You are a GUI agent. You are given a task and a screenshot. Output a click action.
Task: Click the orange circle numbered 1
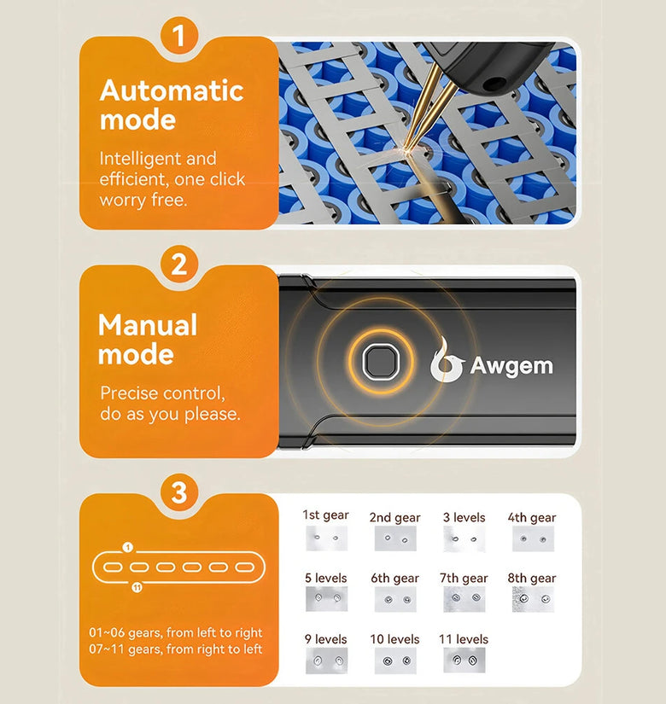click(178, 36)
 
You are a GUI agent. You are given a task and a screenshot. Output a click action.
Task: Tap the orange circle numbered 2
click(178, 264)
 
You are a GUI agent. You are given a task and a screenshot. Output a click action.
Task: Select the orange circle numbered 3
click(178, 492)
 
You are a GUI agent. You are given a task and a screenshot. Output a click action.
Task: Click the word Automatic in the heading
click(172, 90)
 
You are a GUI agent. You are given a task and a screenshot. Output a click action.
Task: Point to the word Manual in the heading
click(148, 324)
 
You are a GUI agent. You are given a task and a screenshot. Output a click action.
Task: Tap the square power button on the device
click(381, 362)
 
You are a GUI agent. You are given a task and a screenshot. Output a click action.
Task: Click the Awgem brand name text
click(511, 366)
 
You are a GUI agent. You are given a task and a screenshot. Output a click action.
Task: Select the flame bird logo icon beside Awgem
click(446, 360)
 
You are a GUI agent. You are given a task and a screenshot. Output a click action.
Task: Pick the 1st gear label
click(325, 515)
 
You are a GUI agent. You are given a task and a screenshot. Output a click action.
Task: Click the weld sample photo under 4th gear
click(533, 538)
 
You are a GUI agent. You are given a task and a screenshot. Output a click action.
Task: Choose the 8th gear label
click(532, 579)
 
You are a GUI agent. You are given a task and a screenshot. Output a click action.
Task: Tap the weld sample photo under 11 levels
click(464, 660)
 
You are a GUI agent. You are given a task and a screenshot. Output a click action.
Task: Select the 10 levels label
click(394, 639)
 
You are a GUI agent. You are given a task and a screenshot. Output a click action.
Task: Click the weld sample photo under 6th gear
click(395, 599)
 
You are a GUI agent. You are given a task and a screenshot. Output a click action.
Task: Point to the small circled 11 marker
click(137, 587)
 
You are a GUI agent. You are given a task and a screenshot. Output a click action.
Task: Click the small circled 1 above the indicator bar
click(128, 547)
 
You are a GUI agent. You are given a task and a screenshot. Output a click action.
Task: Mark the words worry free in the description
click(143, 200)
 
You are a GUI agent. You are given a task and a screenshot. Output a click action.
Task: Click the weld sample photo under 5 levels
click(327, 599)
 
